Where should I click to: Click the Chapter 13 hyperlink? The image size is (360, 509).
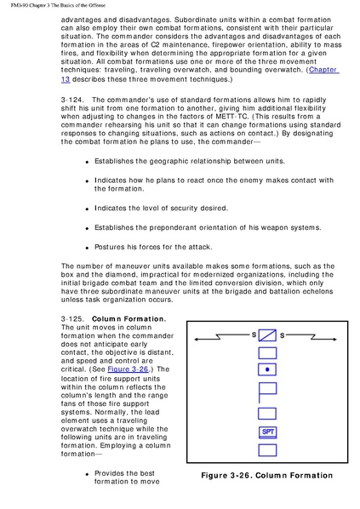323,70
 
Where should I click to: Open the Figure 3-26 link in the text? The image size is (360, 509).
128,369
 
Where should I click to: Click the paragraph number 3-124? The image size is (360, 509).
72,100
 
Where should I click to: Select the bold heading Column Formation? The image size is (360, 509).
129,319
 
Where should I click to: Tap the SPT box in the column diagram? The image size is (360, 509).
268,432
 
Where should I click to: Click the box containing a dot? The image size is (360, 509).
267,369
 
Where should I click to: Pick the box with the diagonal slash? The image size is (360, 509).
267,335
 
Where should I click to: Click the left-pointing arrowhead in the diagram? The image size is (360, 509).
196,340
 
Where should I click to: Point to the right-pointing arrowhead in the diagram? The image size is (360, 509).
334,340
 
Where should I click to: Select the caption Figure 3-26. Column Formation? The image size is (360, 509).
267,476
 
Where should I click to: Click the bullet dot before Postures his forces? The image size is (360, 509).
87,248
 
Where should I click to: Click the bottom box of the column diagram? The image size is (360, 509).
267,450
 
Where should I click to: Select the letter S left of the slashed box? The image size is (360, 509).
254,335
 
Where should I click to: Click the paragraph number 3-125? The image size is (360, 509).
72,319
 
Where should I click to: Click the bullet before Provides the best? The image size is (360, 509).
87,474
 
